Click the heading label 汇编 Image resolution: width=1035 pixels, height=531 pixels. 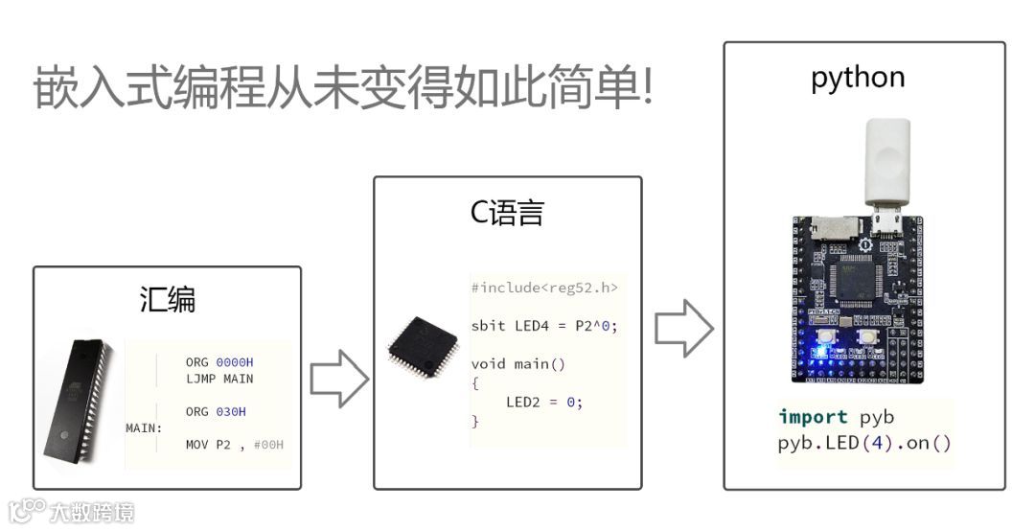click(168, 300)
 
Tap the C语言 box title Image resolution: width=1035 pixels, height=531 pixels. click(507, 212)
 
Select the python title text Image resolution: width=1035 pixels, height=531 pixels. click(858, 78)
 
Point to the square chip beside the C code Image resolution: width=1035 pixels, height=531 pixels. click(422, 343)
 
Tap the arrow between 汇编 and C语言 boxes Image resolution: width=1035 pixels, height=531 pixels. click(338, 379)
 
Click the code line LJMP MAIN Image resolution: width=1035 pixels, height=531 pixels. click(219, 379)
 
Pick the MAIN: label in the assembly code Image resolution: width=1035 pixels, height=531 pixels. click(144, 427)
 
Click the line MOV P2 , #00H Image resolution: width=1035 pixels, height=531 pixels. click(235, 445)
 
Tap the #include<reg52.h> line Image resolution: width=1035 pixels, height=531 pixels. click(544, 288)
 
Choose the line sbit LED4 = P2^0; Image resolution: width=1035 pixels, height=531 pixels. click(544, 326)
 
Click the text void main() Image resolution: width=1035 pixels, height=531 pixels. click(518, 363)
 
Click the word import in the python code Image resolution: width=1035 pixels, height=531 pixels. click(813, 417)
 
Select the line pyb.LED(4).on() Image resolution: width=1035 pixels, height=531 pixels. click(864, 444)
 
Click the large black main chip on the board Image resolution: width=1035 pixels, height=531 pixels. click(859, 277)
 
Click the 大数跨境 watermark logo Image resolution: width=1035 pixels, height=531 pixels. click(71, 512)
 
